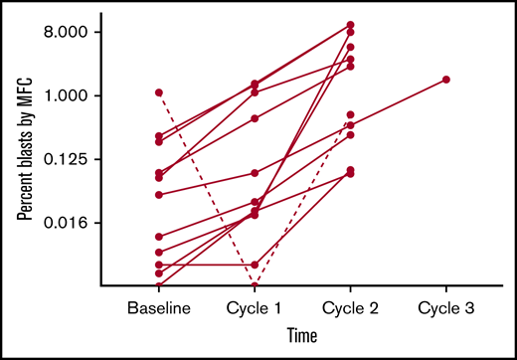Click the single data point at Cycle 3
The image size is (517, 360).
coord(446,80)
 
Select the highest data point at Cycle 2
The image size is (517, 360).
coord(351,25)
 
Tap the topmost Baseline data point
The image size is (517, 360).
coord(159,92)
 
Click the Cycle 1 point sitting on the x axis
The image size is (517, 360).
coord(256,285)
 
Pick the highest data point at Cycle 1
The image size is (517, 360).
coord(256,85)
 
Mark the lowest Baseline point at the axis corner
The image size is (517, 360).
coord(159,284)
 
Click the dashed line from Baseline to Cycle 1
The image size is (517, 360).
coord(207,189)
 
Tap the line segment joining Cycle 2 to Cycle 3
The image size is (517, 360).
coord(399,102)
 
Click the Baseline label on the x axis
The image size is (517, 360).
coord(159,307)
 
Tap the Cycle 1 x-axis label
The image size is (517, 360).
coord(256,307)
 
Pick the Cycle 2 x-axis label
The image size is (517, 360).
coord(351,307)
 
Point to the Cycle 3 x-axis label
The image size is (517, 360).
coord(446,307)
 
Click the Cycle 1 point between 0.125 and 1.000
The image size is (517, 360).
coord(256,118)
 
